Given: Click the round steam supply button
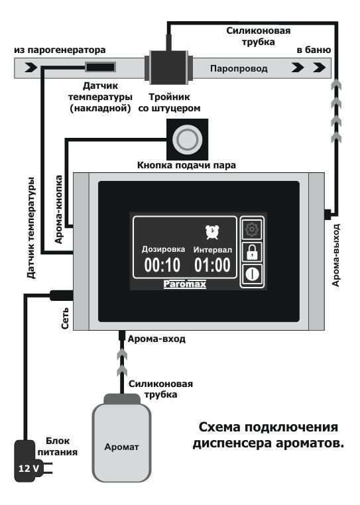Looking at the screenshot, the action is click(187, 139).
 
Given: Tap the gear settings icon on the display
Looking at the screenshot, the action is click(252, 229).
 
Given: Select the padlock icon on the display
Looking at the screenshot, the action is click(252, 252).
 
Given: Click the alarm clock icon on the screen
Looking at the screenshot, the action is click(212, 232).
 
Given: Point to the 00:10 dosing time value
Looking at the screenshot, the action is click(162, 265).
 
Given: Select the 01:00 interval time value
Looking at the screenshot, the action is click(212, 265).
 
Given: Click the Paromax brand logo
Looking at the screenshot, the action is click(185, 284).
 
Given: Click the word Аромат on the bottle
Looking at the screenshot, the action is click(121, 447).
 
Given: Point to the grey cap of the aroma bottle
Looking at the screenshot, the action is click(122, 399).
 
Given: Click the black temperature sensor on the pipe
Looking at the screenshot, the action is click(100, 68).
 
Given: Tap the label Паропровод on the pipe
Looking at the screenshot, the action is click(239, 69).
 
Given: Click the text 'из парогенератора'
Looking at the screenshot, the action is click(60, 50).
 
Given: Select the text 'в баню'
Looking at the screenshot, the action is click(314, 50).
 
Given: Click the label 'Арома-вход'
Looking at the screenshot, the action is click(156, 339).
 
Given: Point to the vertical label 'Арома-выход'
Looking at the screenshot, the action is click(336, 255).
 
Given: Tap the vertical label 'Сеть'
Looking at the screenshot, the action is click(65, 318).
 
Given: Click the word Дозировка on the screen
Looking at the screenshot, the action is click(163, 250).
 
